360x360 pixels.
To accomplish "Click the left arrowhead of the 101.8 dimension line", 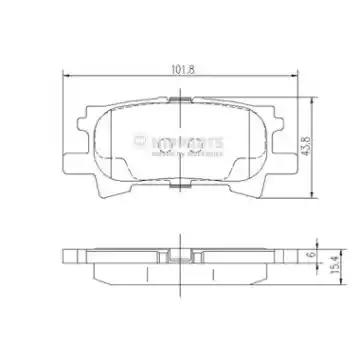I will (x=67, y=78).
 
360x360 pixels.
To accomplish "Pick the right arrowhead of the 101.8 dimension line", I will (x=293, y=78).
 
